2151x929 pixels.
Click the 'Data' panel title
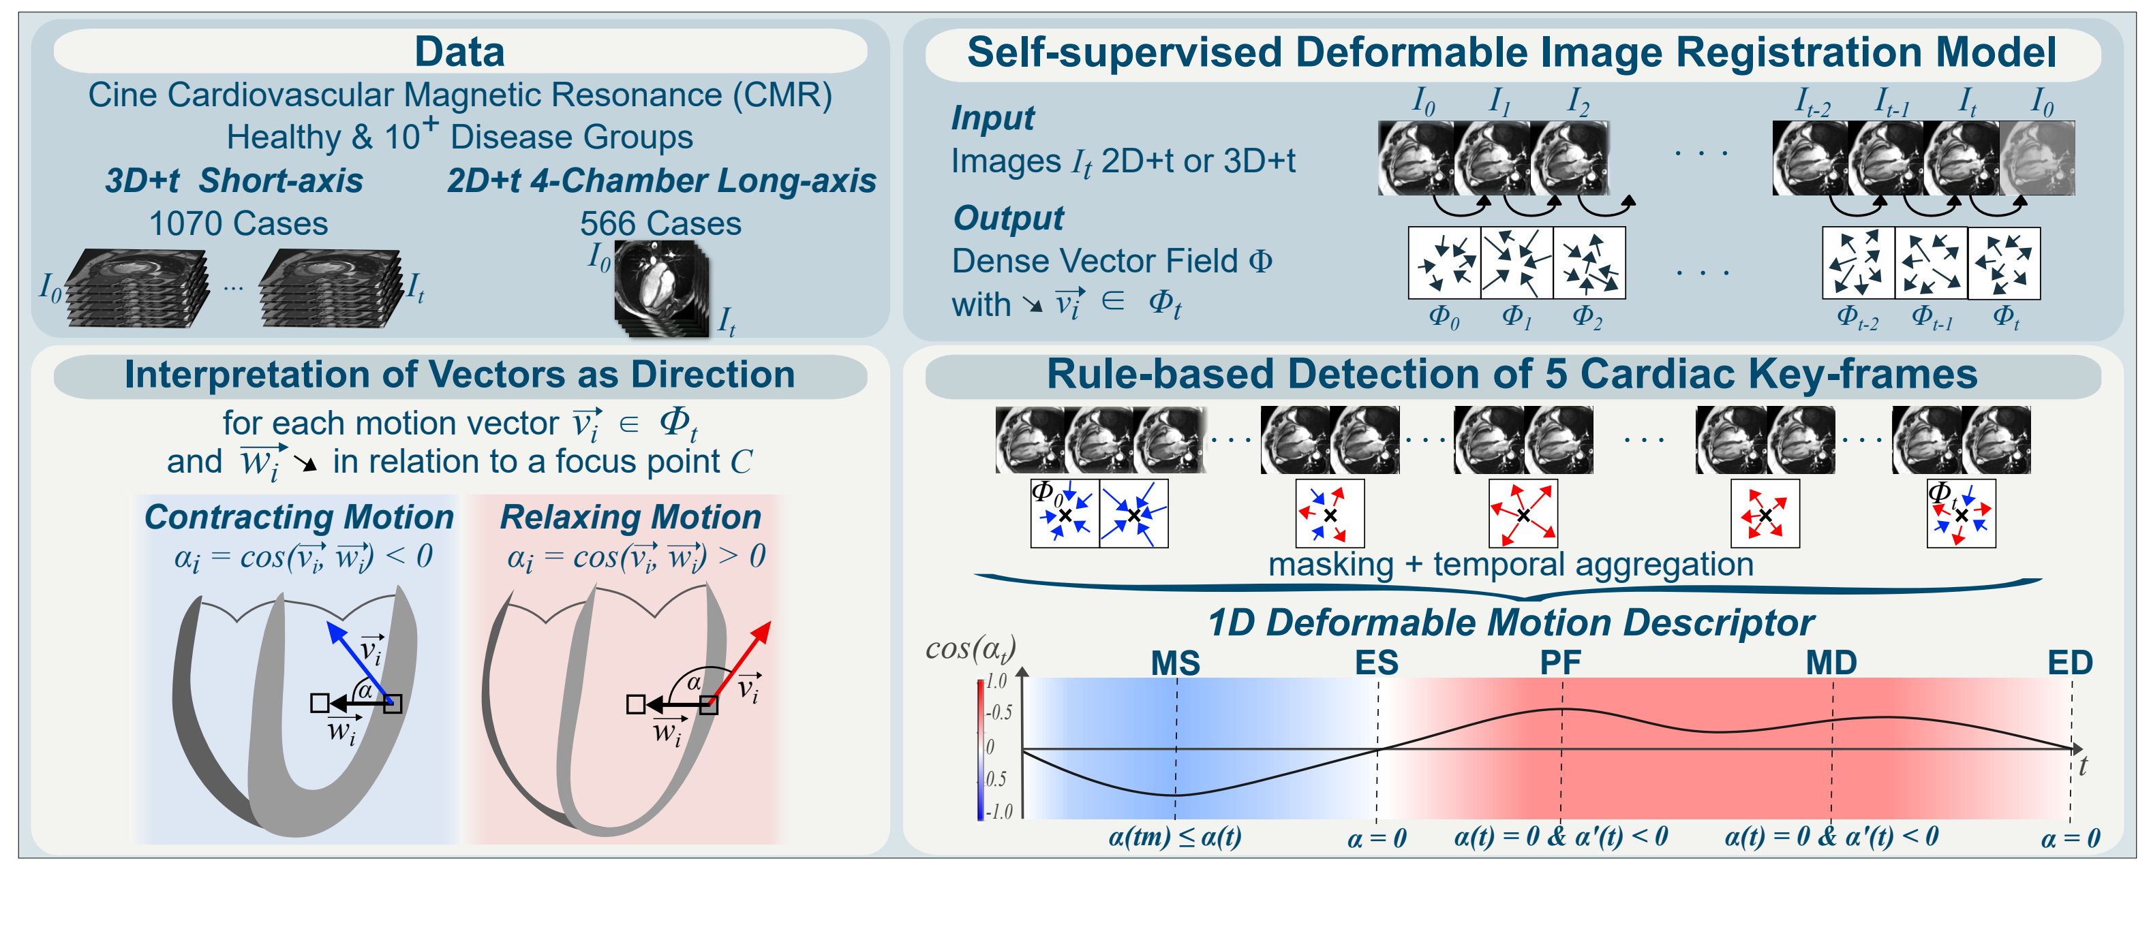coord(459,52)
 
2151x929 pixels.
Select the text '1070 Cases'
coord(238,223)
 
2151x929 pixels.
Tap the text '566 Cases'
coord(660,223)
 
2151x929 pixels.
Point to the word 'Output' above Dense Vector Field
coord(1008,219)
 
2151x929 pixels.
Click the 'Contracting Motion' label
coord(299,518)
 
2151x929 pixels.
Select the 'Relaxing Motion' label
coord(630,518)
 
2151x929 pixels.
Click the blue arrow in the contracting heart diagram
coord(359,659)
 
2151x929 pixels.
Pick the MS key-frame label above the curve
coord(1175,663)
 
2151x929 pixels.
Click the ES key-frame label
coord(1376,663)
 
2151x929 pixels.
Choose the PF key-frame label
coord(1561,663)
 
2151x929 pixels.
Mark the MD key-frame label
coord(1831,663)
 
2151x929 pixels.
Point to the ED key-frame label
coord(2070,663)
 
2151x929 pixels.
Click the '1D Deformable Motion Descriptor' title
coord(1510,623)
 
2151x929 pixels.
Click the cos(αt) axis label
coord(971,648)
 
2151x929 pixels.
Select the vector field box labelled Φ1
coord(1516,263)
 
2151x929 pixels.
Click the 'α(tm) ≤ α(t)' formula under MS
coord(1175,836)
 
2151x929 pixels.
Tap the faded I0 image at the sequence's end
coord(2036,159)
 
